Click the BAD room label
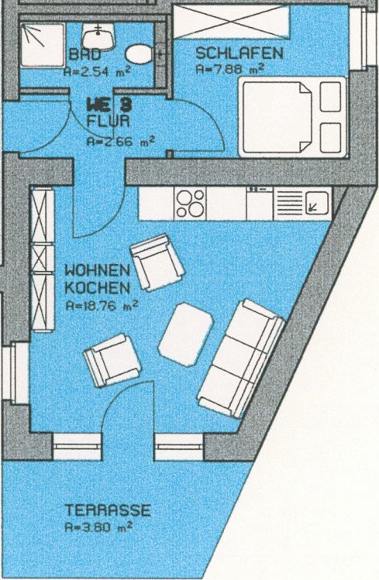[85, 55]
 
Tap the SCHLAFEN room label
[239, 53]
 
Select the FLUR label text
[108, 122]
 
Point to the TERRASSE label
[108, 510]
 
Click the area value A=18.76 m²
[102, 306]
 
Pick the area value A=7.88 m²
[230, 69]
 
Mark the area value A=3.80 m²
[99, 527]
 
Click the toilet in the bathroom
[140, 54]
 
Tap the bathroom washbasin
[98, 36]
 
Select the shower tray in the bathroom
[42, 45]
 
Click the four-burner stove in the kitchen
[190, 203]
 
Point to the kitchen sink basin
[318, 203]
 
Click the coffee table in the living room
[186, 335]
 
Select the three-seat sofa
[241, 359]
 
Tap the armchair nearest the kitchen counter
[157, 263]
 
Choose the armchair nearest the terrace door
[112, 361]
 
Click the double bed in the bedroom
[293, 117]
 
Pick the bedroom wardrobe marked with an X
[231, 21]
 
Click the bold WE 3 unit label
[109, 105]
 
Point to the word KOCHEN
[98, 288]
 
